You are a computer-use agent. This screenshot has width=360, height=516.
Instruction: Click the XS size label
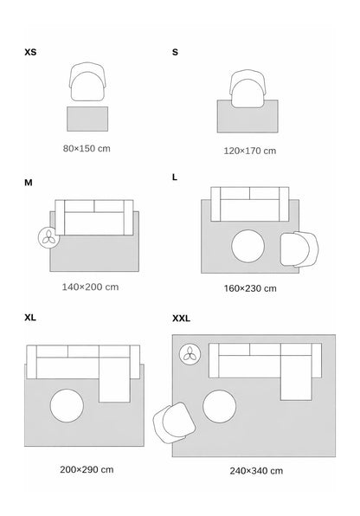pos(30,52)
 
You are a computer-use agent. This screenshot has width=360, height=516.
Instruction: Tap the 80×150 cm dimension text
pos(87,148)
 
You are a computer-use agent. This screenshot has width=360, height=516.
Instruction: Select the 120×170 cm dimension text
pos(250,151)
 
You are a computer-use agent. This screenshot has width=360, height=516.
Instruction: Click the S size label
pos(175,52)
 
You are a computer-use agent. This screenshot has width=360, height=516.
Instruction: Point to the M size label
pos(29,183)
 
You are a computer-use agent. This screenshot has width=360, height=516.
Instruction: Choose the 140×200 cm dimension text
pos(90,287)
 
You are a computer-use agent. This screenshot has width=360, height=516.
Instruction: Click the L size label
pos(175,177)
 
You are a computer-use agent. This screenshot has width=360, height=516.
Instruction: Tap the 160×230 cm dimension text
pos(250,288)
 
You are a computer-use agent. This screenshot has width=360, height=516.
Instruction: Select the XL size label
pos(30,318)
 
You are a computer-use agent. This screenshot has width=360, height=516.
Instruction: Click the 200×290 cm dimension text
pos(87,469)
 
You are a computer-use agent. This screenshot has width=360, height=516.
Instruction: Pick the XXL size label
pos(182,319)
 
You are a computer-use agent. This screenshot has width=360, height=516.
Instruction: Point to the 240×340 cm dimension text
pos(256,471)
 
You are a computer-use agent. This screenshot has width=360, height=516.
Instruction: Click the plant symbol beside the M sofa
pos(48,237)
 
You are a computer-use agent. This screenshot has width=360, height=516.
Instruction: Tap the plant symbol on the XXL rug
pos(190,354)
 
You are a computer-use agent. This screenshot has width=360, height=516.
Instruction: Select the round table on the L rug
pos(247,246)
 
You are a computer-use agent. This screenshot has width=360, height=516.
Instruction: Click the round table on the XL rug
pos(67,406)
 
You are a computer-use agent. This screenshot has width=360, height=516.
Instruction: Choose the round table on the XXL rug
pos(220,406)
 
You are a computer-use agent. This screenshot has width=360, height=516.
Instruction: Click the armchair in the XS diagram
pos(87,81)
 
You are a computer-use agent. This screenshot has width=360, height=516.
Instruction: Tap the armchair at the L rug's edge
pos(299,248)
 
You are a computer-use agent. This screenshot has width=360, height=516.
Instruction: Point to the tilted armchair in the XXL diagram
pos(174,423)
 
